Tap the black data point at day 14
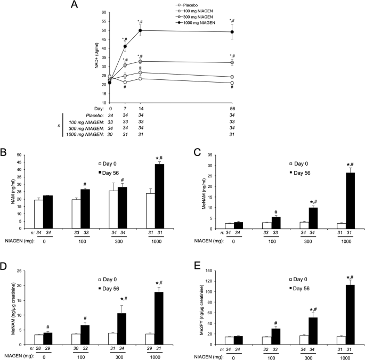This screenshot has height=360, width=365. [140, 30]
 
